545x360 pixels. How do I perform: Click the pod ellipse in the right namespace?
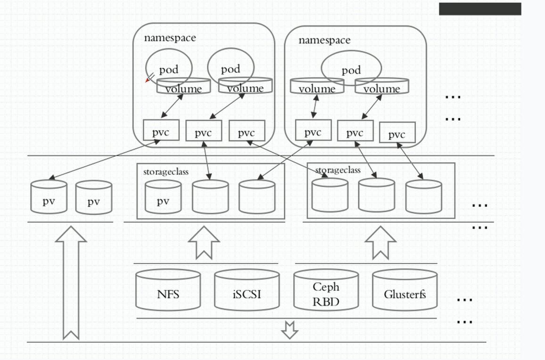coord(351,68)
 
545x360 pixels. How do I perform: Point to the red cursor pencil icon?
coord(149,78)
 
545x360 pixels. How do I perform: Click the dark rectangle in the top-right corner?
coord(480,9)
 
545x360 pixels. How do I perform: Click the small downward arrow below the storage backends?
coord(289,330)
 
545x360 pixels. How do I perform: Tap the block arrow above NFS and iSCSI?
coord(204,242)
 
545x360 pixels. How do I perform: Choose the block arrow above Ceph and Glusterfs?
coord(380,242)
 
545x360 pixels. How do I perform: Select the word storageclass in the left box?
coord(166,172)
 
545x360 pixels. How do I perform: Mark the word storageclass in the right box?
coord(338,170)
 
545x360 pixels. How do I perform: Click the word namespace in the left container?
coord(170,38)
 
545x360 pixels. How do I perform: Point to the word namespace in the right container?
coord(324,40)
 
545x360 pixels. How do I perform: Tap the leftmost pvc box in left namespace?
coord(161,130)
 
